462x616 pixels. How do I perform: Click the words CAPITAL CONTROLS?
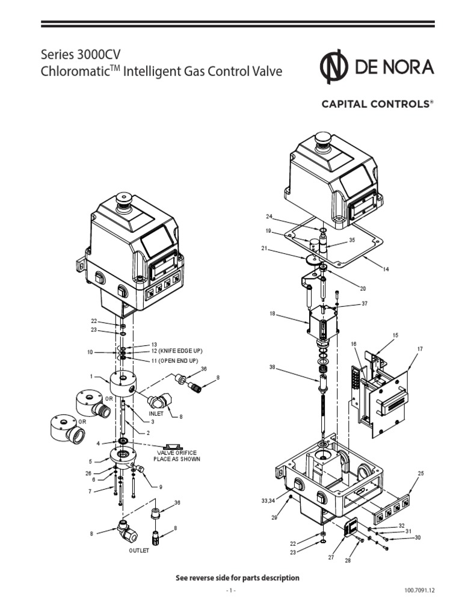point(376,104)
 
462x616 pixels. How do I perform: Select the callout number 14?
point(386,269)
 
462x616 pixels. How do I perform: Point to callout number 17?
point(419,349)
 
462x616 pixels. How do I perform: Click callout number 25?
point(420,473)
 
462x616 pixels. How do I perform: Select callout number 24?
point(270,217)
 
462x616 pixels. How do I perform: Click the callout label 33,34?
point(270,500)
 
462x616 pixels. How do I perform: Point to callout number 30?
point(417,537)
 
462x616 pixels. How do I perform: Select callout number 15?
point(395,334)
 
